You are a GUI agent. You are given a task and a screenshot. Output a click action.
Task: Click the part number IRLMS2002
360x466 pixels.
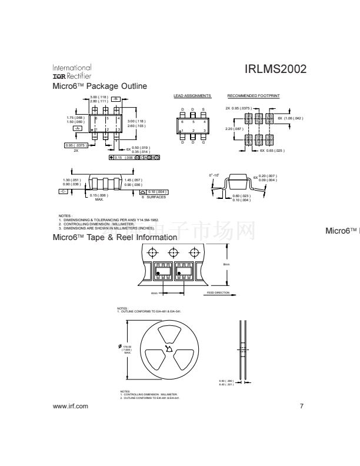pos(275,69)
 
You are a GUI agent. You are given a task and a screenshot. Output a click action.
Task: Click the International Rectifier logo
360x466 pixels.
pos(72,72)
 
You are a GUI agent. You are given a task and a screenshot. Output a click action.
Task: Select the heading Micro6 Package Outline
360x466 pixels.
pos(99,86)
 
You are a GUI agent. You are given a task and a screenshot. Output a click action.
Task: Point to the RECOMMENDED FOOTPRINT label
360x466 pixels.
pos(253,95)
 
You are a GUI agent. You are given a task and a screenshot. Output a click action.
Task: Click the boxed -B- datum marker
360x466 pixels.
pos(116,98)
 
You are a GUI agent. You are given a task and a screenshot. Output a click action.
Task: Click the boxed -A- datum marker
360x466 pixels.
pos(77,128)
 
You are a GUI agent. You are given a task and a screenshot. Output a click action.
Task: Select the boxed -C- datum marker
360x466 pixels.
pos(63,192)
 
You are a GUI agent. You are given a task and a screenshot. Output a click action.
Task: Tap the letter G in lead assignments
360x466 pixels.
pos(204,142)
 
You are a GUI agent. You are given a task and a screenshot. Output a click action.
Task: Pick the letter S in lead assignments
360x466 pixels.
pos(204,109)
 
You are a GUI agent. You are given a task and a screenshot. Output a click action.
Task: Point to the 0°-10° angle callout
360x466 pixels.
pos(214,175)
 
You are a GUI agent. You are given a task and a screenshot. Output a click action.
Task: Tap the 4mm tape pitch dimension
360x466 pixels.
pos(154,292)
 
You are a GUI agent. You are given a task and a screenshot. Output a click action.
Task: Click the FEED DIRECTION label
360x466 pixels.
pos(217,292)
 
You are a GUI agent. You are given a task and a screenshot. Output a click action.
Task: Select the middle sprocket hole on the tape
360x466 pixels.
pos(173,253)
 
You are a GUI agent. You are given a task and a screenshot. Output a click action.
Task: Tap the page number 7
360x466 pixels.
pos(301,407)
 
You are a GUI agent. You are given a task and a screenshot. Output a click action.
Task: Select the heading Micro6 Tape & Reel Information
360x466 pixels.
pos(115,238)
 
